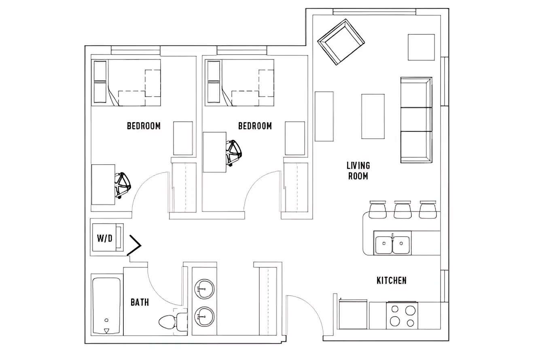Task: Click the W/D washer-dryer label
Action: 104,238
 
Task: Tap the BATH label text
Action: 140,302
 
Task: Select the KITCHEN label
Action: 391,280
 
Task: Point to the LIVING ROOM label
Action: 358,171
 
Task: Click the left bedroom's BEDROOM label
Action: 144,126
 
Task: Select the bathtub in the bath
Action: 106,305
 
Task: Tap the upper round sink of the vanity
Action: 204,288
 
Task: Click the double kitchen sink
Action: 392,244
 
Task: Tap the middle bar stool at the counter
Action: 403,210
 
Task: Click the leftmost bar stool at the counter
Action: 378,210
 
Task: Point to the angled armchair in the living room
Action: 341,42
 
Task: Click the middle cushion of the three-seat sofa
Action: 416,119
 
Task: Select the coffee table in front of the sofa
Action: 373,116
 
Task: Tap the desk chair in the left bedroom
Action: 123,185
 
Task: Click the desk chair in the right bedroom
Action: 234,152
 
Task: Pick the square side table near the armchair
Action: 421,47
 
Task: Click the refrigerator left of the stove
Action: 353,315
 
